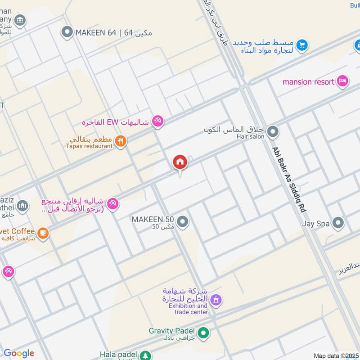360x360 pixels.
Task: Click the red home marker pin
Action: (180, 162)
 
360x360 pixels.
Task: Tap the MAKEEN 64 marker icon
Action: (67, 32)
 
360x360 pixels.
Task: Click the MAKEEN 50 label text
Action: (153, 219)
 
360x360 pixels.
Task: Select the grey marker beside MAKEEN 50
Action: (182, 221)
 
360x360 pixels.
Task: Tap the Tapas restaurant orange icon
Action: (120, 141)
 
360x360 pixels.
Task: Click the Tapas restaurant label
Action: (89, 146)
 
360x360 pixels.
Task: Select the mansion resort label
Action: (308, 82)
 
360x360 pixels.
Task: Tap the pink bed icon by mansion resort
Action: (343, 81)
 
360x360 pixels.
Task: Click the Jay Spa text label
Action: (316, 223)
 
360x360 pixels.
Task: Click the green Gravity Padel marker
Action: (204, 333)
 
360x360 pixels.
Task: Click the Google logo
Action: (19, 353)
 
